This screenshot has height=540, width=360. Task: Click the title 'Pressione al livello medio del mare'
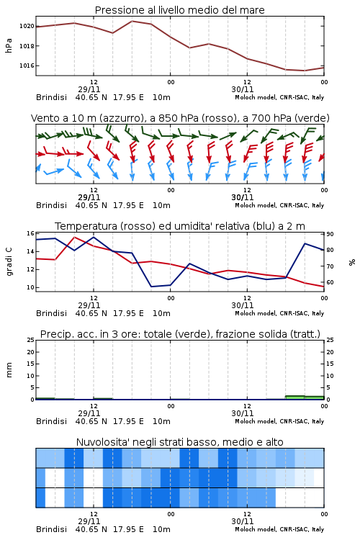(x=179, y=10)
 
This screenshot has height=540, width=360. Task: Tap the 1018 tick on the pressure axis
(x=27, y=46)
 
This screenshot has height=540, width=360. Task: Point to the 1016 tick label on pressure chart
(x=27, y=66)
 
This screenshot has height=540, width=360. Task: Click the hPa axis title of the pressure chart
(x=9, y=45)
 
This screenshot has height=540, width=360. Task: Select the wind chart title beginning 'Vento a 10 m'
(x=180, y=118)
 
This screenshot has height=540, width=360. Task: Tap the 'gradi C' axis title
(x=9, y=262)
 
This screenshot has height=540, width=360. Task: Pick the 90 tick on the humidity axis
(x=330, y=234)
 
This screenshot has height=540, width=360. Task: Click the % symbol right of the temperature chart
(x=352, y=262)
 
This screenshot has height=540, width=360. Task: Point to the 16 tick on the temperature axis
(x=30, y=233)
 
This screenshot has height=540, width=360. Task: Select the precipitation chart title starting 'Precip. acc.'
(x=180, y=334)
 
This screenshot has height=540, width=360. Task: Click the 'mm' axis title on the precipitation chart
(x=9, y=370)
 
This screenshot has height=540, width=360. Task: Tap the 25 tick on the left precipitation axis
(x=30, y=340)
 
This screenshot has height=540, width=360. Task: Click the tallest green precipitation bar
(x=295, y=397)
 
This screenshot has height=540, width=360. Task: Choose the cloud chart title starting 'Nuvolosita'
(x=179, y=442)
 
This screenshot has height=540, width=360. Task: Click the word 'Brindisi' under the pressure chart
(x=51, y=97)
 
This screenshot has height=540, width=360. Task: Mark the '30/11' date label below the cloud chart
(x=243, y=521)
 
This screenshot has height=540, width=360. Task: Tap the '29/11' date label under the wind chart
(x=89, y=197)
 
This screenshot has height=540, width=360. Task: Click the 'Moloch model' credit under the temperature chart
(x=256, y=313)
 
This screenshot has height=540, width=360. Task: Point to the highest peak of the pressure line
(x=132, y=21)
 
